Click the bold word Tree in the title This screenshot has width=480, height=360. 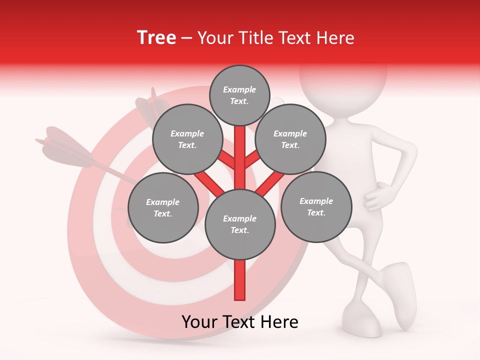click(x=156, y=37)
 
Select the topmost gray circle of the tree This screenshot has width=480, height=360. click(x=239, y=95)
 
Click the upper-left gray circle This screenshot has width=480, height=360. click(x=187, y=139)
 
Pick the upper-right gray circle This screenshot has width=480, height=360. click(x=290, y=139)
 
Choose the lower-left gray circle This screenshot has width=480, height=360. click(x=162, y=207)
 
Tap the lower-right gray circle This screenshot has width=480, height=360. click(x=316, y=206)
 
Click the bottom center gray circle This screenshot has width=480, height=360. click(x=239, y=224)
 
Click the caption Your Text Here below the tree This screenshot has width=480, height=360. click(x=239, y=322)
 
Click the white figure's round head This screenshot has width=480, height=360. click(x=343, y=80)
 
